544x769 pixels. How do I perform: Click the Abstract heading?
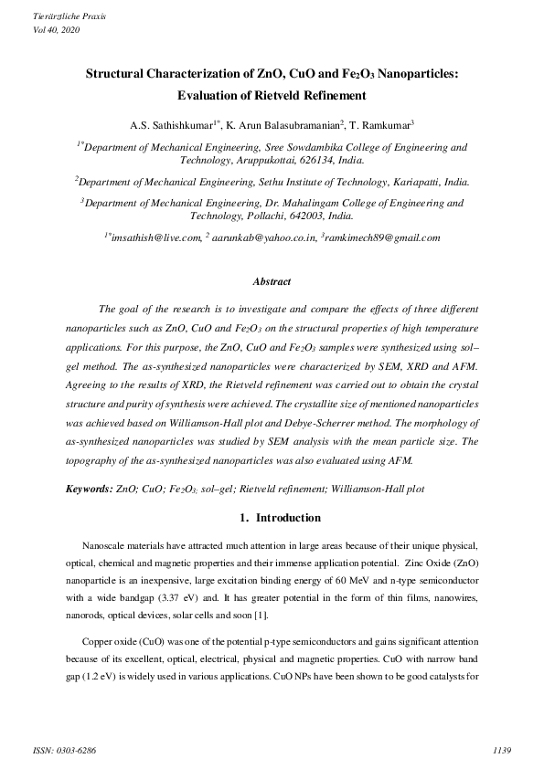pos(272,282)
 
